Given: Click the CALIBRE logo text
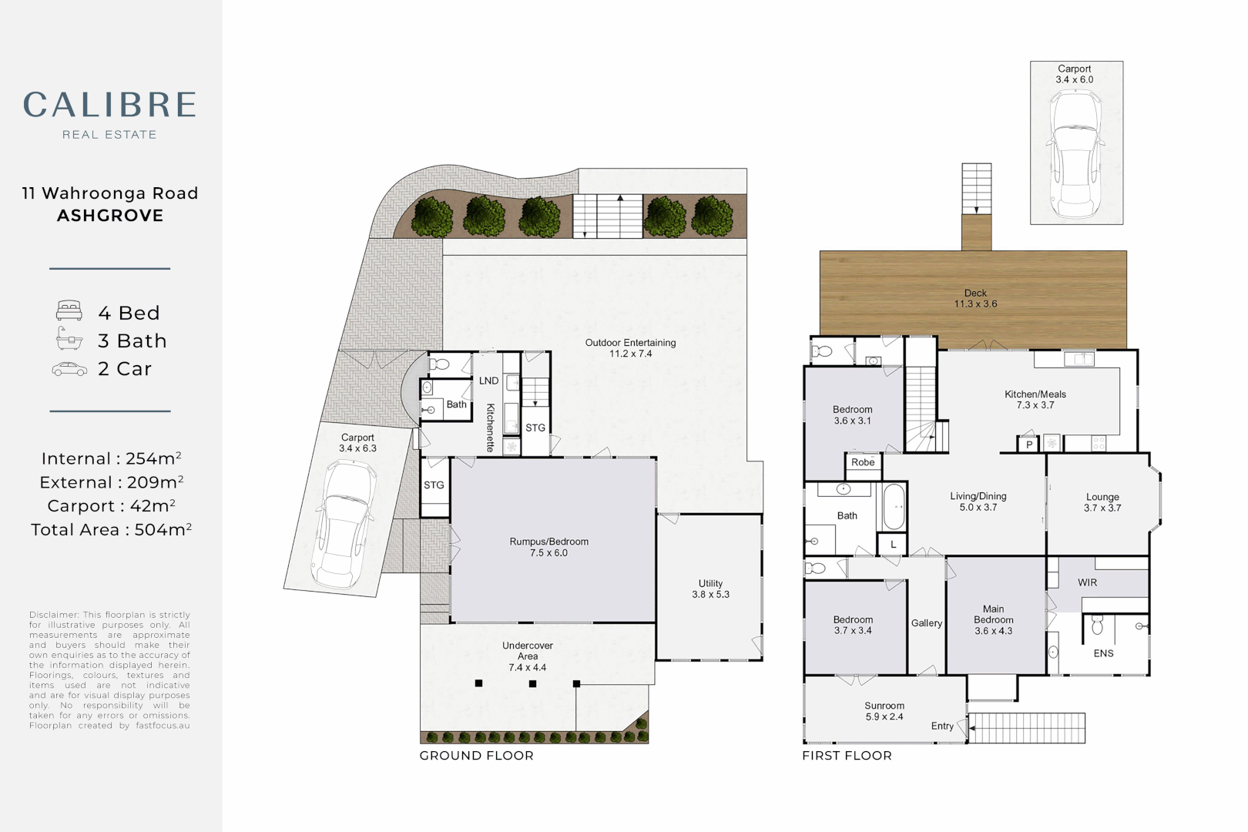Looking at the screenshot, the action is (x=109, y=105).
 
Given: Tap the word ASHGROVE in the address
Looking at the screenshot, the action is (x=110, y=216).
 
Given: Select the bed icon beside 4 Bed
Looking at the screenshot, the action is (x=69, y=311).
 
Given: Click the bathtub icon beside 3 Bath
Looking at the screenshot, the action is (x=69, y=339).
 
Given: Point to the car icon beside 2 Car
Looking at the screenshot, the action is (x=69, y=369).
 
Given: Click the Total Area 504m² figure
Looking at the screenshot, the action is (x=111, y=528).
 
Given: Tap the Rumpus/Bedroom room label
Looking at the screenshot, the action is (x=549, y=547).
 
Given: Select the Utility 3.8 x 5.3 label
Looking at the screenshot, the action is (x=710, y=589).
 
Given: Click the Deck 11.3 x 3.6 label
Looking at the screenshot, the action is (x=975, y=298).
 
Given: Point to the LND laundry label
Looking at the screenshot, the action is (x=488, y=381).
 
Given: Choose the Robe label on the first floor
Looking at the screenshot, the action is (x=863, y=462).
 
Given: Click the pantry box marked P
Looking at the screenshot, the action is (x=1029, y=445).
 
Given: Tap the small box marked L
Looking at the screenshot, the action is (x=893, y=545).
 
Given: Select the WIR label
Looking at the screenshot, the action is (x=1087, y=582).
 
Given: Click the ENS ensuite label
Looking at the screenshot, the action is (x=1103, y=653).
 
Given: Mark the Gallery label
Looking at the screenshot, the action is (x=927, y=623).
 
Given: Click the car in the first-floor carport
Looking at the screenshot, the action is (x=1075, y=154).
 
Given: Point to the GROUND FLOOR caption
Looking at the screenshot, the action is (x=476, y=756).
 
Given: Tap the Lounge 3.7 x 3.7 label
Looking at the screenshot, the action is (x=1102, y=502).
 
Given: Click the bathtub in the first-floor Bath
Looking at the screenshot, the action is (x=894, y=507).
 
